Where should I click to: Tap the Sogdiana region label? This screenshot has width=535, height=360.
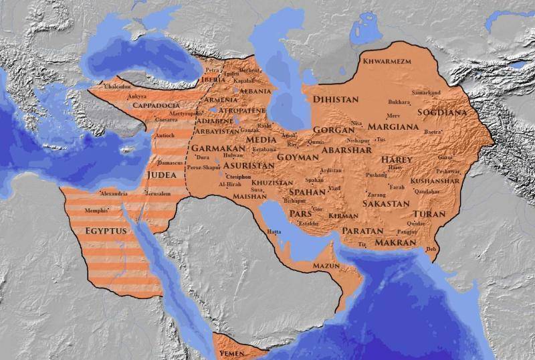pyautogui.click(x=442, y=112)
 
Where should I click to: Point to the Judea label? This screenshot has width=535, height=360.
pyautogui.click(x=160, y=177)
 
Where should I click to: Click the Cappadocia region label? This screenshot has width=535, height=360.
pyautogui.click(x=155, y=106)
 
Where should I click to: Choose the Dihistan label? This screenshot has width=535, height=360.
pyautogui.click(x=336, y=99)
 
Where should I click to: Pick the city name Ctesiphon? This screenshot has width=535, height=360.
pyautogui.click(x=239, y=176)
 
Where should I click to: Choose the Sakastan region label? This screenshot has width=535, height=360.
pyautogui.click(x=386, y=203)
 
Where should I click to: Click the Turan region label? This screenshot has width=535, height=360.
pyautogui.click(x=429, y=213)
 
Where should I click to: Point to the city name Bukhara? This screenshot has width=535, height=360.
pyautogui.click(x=399, y=102)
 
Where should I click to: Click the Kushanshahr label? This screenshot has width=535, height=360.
pyautogui.click(x=435, y=181)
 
